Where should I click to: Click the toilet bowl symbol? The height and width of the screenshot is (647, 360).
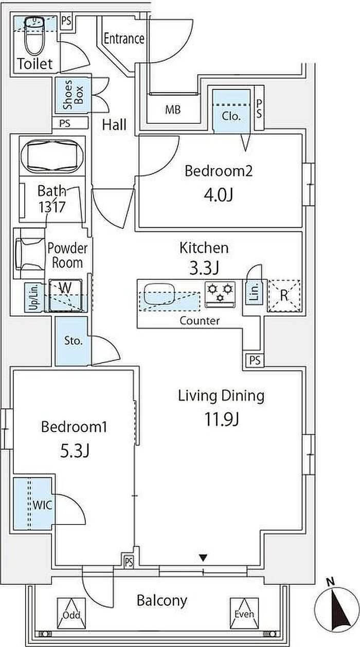tap(34, 36)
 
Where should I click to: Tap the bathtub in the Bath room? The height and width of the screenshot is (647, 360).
tap(52, 156)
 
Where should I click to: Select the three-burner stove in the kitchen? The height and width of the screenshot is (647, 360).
tap(220, 294)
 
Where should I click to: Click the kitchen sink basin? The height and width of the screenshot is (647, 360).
tap(159, 294)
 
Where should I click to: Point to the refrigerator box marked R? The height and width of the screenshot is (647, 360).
tap(284, 296)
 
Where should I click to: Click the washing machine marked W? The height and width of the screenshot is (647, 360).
tap(65, 295)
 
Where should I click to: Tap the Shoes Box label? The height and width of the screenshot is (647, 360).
tap(73, 95)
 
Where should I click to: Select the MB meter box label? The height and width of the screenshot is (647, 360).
tap(173, 110)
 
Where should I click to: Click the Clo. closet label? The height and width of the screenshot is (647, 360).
tap(231, 116)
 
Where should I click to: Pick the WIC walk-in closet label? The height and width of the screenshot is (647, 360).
tap(42, 505)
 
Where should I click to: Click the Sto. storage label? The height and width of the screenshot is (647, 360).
tap(74, 341)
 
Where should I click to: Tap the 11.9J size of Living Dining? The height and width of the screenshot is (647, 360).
tap(222, 419)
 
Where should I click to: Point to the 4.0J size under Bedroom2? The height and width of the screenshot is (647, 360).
tap(218, 195)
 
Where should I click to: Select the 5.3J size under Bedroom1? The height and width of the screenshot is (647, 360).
tap(75, 451)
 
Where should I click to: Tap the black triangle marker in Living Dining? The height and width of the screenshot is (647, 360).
tap(204, 558)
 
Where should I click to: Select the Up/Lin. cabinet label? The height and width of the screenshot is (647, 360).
tap(34, 297)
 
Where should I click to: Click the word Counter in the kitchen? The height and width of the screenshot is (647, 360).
tap(200, 320)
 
